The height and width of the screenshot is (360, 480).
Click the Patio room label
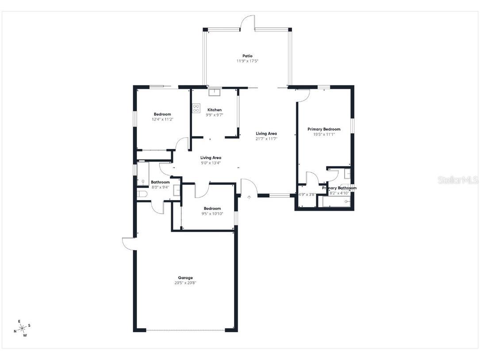pyautogui.click(x=247, y=56)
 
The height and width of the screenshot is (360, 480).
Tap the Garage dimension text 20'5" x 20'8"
pyautogui.click(x=185, y=283)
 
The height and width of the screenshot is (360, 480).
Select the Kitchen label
pyautogui.click(x=215, y=110)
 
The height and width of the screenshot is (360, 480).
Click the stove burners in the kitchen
pyautogui.click(x=196, y=108)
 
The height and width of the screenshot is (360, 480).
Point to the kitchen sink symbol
pyautogui.click(x=215, y=92)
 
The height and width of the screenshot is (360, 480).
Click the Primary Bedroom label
pyautogui.click(x=324, y=129)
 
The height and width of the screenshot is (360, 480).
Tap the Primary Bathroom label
pyautogui.click(x=339, y=188)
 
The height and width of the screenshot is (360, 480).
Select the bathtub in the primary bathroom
pyautogui.click(x=336, y=202)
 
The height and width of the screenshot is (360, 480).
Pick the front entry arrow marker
pyautogui.click(x=249, y=197)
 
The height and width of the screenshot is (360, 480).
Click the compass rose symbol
pyautogui.click(x=21, y=328)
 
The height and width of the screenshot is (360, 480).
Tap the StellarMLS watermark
pyautogui.click(x=458, y=180)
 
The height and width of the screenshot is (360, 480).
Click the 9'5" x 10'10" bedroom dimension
pyautogui.click(x=212, y=214)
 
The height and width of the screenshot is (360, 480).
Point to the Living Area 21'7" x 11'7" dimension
pyautogui.click(x=266, y=139)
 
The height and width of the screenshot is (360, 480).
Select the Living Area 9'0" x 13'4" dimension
pyautogui.click(x=211, y=163)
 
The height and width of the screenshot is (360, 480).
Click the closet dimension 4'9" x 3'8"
pyautogui.click(x=307, y=194)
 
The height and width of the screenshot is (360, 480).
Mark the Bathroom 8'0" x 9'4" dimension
pyautogui.click(x=160, y=187)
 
